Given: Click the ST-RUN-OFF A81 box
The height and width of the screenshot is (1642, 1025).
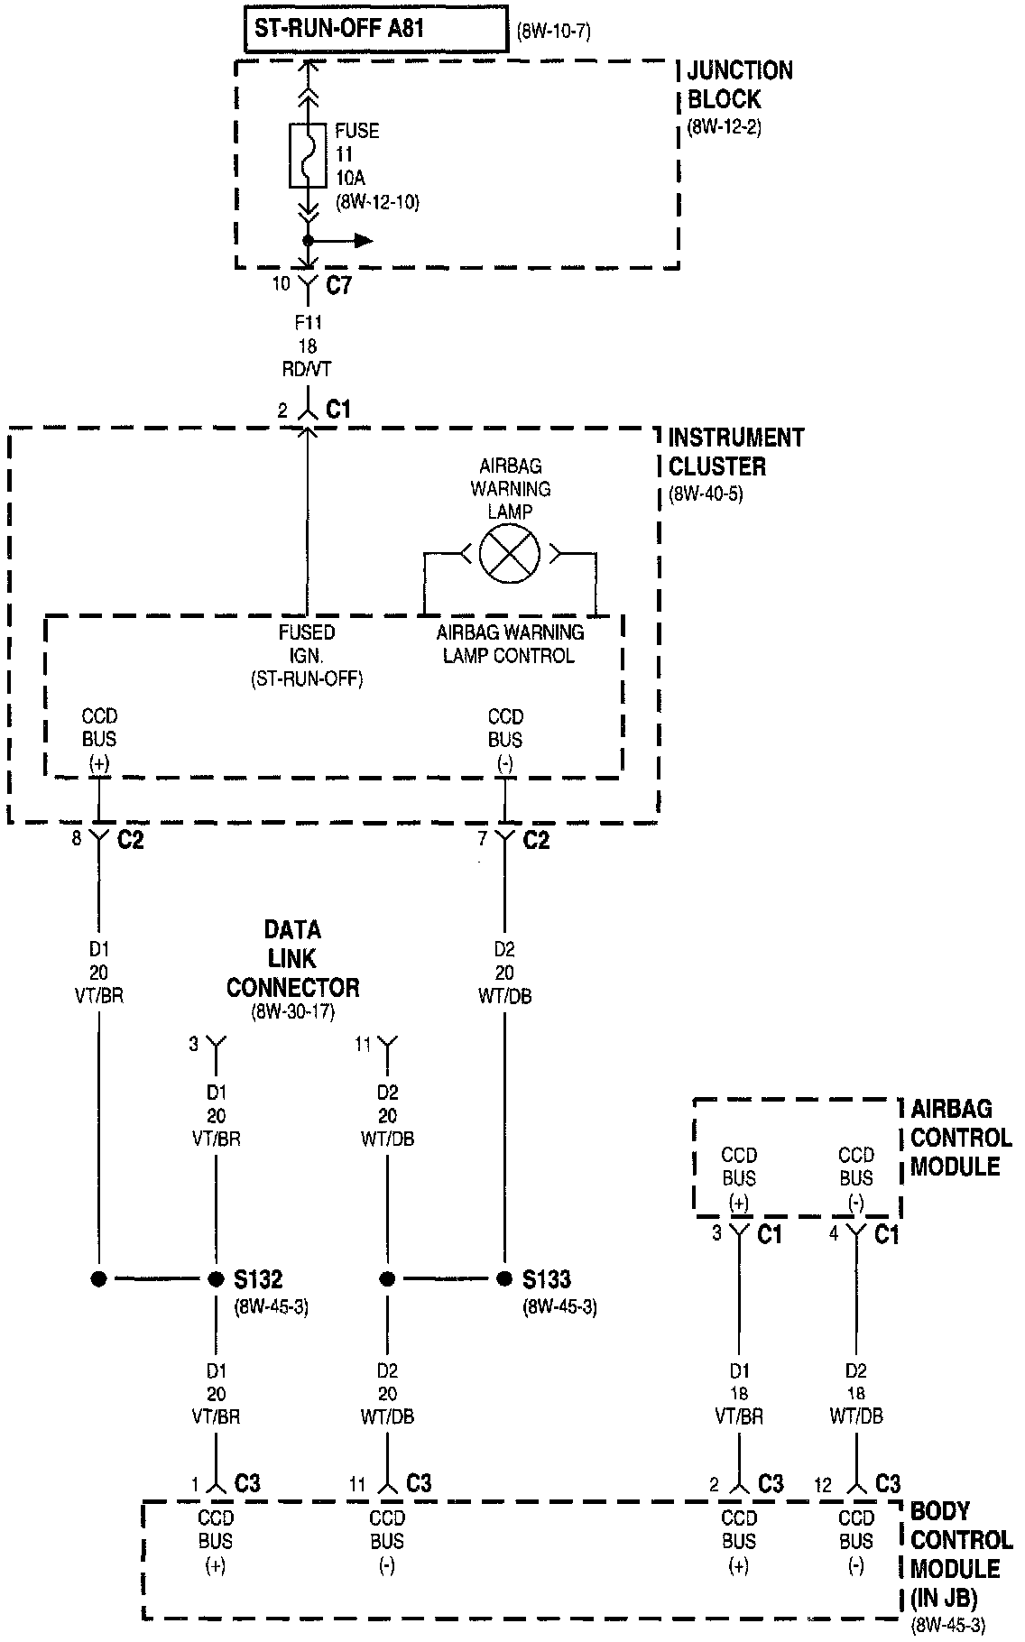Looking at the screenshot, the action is click(x=376, y=29).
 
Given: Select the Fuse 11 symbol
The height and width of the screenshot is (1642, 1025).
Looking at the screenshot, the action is click(x=308, y=155).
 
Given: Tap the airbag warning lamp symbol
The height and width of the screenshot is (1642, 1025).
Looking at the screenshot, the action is click(x=510, y=553).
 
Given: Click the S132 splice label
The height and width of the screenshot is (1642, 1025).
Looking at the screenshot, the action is click(x=259, y=1278).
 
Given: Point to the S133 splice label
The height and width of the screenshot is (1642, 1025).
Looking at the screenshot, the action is click(x=548, y=1278).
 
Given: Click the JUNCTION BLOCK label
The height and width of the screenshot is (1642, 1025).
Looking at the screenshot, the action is click(x=740, y=85).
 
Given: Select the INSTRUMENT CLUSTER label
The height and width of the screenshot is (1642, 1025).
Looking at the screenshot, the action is click(x=735, y=452).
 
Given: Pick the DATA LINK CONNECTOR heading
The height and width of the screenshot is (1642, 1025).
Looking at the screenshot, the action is click(x=292, y=958).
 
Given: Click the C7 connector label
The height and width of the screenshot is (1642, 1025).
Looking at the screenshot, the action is click(x=338, y=286).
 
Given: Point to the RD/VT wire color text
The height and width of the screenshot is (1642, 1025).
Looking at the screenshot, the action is click(x=308, y=369).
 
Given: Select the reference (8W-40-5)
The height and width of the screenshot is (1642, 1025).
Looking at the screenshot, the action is click(x=706, y=494).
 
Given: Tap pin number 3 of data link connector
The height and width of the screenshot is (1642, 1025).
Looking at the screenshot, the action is click(x=193, y=1044).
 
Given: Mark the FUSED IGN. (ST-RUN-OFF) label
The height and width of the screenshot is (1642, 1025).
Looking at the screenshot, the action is click(x=307, y=656).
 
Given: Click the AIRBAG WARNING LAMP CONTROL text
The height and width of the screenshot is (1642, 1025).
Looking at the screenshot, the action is click(x=510, y=644).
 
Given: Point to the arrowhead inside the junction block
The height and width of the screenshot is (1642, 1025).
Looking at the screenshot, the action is click(x=364, y=240).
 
